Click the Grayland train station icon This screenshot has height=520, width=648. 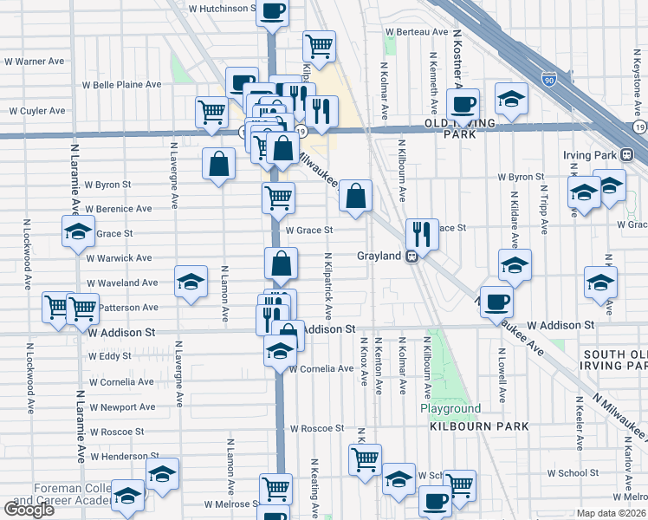coord(414,256)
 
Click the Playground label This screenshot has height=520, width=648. coord(450,408)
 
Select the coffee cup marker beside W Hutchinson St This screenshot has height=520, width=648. coord(272,12)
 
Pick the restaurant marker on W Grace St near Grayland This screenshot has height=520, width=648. coord(422,232)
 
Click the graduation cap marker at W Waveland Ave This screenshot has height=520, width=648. coord(191,282)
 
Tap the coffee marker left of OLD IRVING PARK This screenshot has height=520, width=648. coord(463,102)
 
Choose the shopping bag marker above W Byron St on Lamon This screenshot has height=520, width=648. coord(219,163)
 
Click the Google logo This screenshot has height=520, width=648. coord(29,510)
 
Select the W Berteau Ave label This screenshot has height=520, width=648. coord(419,31)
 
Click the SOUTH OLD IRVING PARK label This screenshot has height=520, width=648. coord(614,360)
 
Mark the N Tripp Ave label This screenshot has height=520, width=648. coord(544,209)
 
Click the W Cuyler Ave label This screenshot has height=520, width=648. coord(37,111)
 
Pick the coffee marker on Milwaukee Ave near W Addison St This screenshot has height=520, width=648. coord(496,302)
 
